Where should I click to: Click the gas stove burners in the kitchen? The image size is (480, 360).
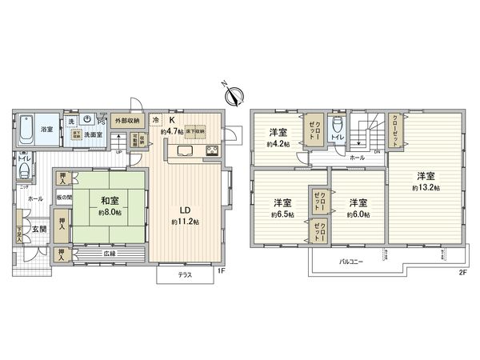tap(214, 151)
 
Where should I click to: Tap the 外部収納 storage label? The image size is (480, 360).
tap(126, 120)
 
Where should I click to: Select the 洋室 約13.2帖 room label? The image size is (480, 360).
tap(425, 181)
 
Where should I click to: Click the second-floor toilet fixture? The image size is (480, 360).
tap(339, 126)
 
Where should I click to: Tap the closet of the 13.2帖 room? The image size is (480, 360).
tap(398, 128)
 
